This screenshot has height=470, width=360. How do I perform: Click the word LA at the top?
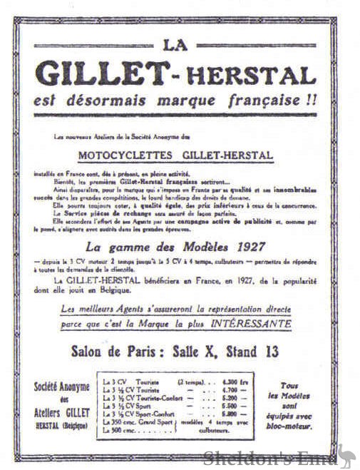click(x=176, y=45)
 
